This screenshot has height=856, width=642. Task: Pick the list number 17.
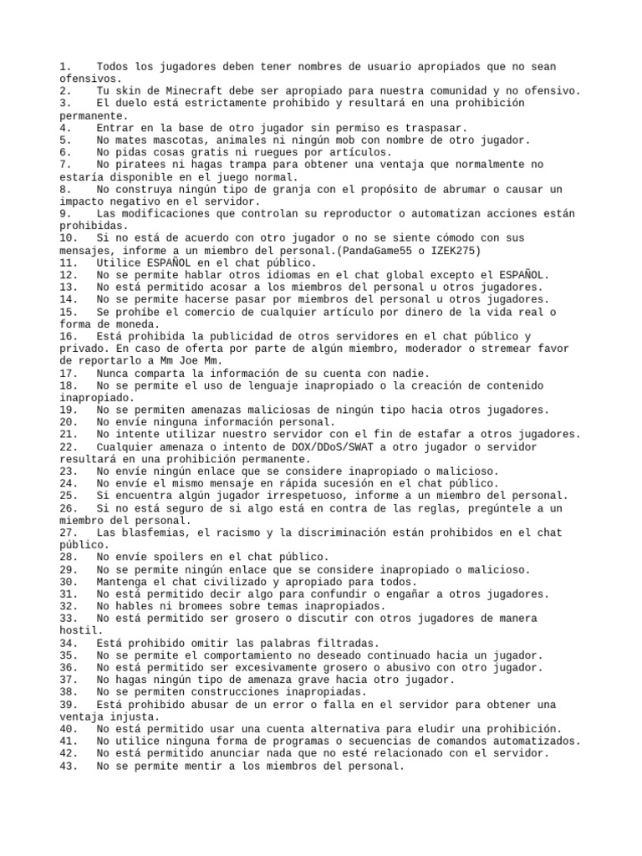click(69, 373)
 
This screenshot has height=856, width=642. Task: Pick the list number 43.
click(69, 764)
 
